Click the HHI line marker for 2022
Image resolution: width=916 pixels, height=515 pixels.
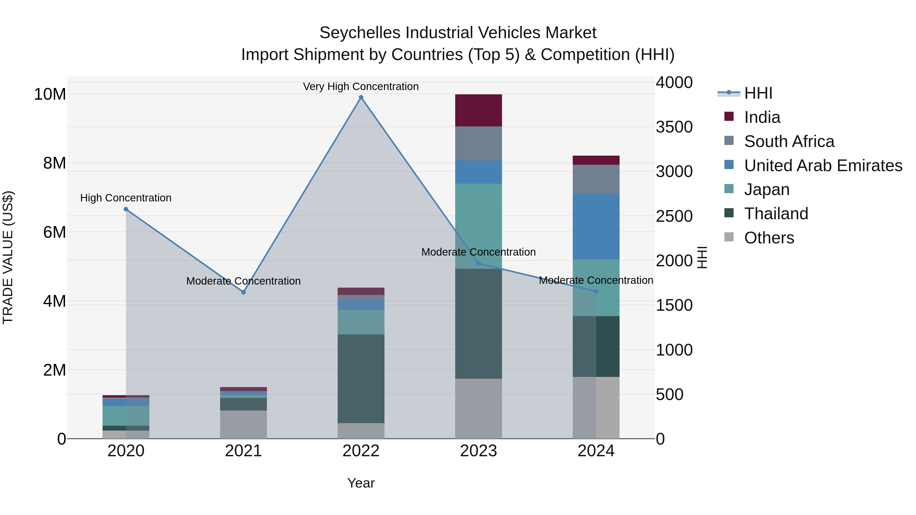coord(361,97)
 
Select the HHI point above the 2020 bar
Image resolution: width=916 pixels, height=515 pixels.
coord(126,209)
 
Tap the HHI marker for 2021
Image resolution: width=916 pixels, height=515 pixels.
coord(244,292)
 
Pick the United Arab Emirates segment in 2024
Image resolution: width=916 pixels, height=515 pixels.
coord(596,227)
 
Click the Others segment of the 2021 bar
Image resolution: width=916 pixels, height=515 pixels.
coord(244,424)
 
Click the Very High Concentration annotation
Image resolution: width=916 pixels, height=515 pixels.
coord(361,86)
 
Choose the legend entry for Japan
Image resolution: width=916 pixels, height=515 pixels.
coord(766,189)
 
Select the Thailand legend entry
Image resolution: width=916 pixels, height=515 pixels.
coord(776,214)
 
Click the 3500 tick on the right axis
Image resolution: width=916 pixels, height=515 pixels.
coord(674,127)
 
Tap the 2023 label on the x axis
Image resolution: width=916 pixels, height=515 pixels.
coord(478,451)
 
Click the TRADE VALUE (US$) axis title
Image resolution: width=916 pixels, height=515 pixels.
coord(8,257)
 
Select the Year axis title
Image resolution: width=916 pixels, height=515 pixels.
coord(361,483)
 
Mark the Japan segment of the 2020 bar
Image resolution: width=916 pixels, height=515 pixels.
coord(126,416)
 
